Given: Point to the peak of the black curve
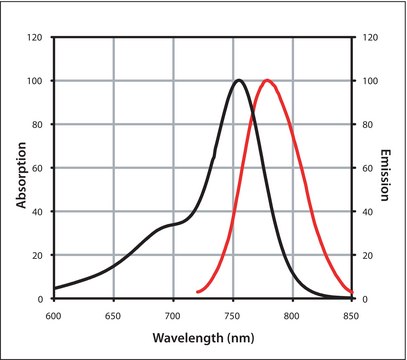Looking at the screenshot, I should [239, 80].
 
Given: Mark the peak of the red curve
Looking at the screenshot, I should [267, 80].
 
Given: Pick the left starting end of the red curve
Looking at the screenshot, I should [198, 292].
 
